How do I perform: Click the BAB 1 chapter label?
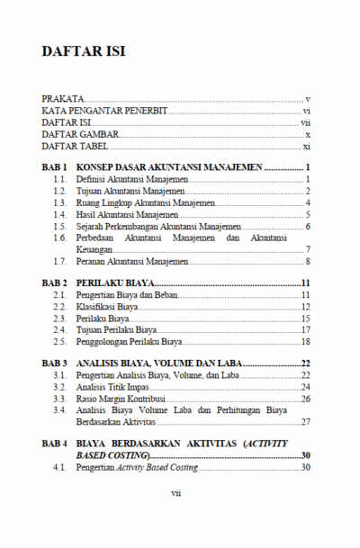(x=55, y=167)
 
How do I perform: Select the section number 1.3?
(x=59, y=203)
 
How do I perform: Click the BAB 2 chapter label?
(x=55, y=284)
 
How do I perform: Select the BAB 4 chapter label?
(x=55, y=445)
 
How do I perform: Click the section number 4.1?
(x=59, y=468)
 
